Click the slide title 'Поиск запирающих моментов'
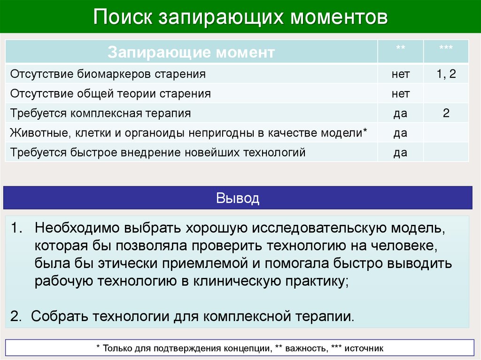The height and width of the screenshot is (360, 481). coord(240,17)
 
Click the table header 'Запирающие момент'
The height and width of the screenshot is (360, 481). coord(191,52)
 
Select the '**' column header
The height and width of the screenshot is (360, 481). coord(401,49)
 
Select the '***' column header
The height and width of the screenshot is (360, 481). coord(446,49)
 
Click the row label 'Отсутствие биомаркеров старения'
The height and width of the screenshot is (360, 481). coord(108,74)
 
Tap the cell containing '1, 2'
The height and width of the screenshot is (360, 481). coord(446,74)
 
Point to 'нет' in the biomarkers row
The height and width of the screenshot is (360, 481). coord(401,74)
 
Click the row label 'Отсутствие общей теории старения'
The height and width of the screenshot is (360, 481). coord(110,93)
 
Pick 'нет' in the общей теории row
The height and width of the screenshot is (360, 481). coord(401,94)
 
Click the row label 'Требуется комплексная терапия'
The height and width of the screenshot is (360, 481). coord(101,113)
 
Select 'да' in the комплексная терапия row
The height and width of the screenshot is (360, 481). coord(401,114)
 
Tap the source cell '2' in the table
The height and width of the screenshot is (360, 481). coord(446,113)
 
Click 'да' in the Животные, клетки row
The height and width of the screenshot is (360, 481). coord(401,133)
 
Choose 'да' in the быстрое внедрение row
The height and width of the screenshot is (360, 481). coord(401,153)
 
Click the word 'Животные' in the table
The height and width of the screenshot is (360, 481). coord(37,133)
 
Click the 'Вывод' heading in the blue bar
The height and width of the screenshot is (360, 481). coord(238,198)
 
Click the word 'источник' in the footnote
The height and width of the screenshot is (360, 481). coord(364,348)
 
